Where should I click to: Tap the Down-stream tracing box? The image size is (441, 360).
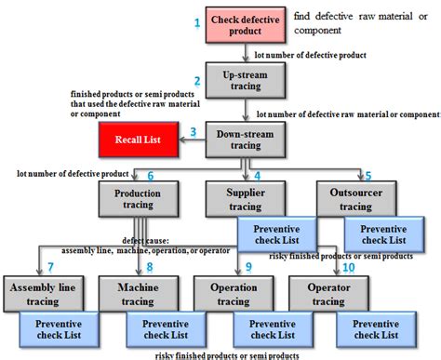pyautogui.click(x=240, y=138)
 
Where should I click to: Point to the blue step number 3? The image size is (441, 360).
pyautogui.click(x=193, y=132)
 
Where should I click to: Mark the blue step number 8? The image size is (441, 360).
pyautogui.click(x=148, y=268)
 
